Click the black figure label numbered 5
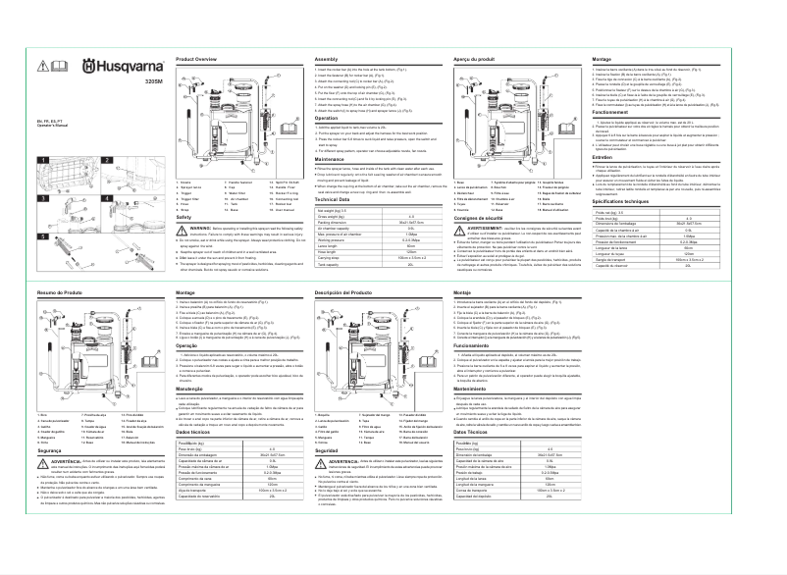click(43, 235)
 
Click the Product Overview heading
click(195, 60)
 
